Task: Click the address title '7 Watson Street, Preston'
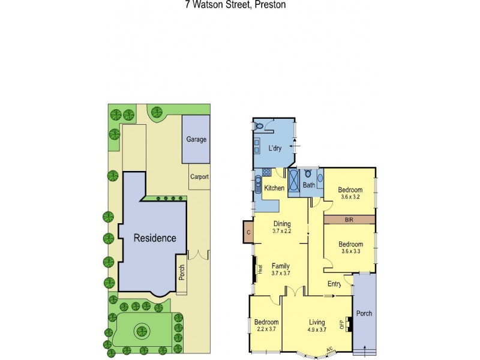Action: click(235, 4)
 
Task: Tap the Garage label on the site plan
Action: click(196, 139)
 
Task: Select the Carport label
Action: click(199, 177)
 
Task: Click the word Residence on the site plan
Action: click(155, 238)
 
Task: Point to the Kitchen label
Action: click(274, 188)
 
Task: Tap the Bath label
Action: click(308, 185)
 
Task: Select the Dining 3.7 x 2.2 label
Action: click(281, 227)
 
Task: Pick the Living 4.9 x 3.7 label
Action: click(317, 326)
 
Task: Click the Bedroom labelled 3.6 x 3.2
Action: click(350, 191)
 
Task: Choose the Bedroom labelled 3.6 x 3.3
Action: click(350, 248)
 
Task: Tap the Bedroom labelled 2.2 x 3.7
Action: click(265, 325)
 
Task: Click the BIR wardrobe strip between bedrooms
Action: click(349, 220)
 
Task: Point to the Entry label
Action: click(334, 284)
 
